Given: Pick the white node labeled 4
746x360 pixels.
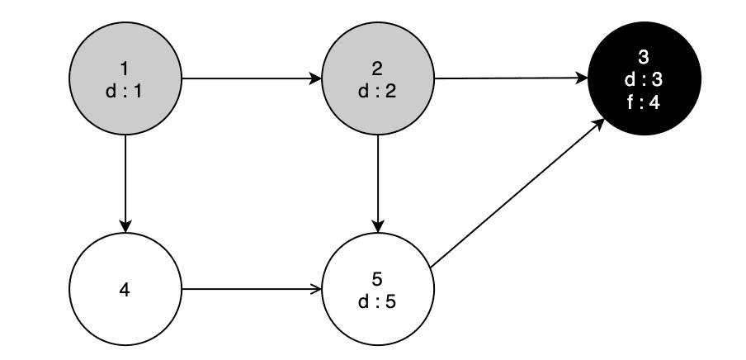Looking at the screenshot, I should (125, 290).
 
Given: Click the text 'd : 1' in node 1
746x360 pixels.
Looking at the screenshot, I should (125, 91).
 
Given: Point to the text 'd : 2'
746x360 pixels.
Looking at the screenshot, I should (378, 91).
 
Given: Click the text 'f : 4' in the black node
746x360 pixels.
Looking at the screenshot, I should (644, 102).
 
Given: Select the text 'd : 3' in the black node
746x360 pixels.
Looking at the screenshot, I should (644, 81).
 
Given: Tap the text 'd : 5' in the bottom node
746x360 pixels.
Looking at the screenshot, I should (378, 301).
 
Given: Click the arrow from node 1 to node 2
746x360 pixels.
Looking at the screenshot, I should (248, 80).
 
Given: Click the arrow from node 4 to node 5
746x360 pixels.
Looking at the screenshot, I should (248, 290).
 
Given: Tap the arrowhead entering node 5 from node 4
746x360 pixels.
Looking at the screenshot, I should (316, 290).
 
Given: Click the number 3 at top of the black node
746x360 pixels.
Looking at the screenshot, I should (644, 59).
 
